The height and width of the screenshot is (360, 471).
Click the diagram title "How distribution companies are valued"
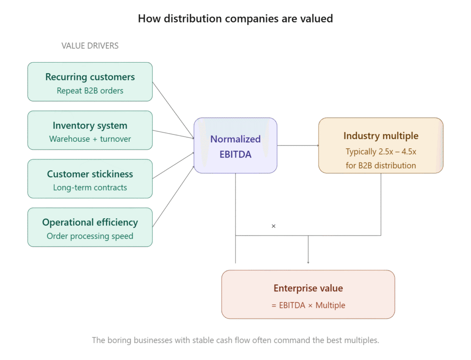tap(235, 19)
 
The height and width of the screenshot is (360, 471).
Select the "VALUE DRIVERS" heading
tap(90, 46)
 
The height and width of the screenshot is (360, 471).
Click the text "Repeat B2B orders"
tap(90, 91)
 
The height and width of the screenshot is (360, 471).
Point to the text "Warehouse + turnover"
tap(90, 139)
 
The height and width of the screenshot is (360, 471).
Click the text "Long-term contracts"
tap(90, 187)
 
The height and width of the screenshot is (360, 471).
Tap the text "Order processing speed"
tap(90, 236)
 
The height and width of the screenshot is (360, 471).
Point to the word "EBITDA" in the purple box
tap(235, 155)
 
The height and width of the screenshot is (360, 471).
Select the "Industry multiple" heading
tap(381, 136)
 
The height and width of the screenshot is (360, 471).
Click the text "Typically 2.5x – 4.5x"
tap(381, 151)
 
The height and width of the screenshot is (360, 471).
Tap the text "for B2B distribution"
tap(381, 165)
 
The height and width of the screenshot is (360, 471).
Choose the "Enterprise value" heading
tap(308, 289)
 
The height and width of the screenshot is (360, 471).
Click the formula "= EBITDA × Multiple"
tap(308, 305)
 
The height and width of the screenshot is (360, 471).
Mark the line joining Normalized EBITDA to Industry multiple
tap(298, 145)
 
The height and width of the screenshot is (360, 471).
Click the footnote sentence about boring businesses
tap(235, 341)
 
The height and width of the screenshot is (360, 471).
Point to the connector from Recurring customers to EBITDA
tap(173, 110)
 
